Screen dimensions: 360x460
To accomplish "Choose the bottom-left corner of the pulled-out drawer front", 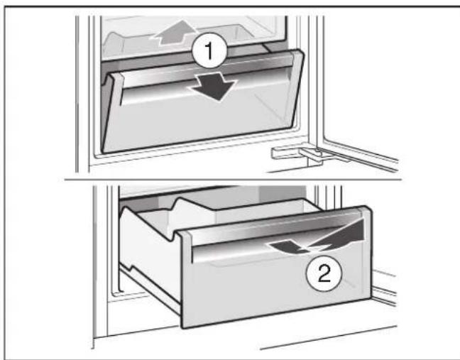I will (183, 324).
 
